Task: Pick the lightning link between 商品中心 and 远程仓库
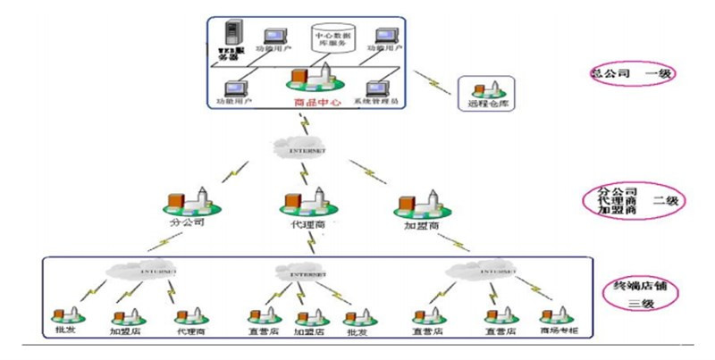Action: tap(434, 87)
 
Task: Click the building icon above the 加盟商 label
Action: tap(420, 205)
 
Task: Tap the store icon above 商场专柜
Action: tap(555, 313)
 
